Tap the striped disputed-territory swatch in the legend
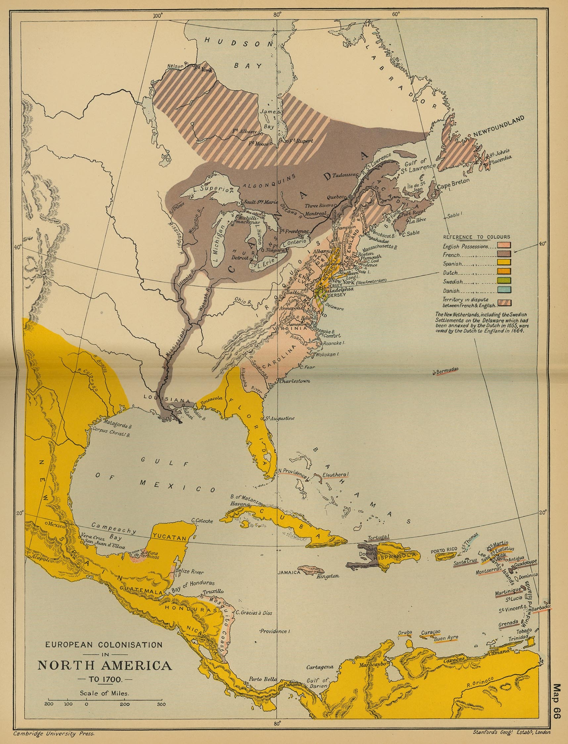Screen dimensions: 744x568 pos(504,303)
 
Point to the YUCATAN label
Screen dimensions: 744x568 pos(169,537)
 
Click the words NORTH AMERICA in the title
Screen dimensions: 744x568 pos(105,665)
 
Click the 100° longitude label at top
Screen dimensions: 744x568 pos(158,15)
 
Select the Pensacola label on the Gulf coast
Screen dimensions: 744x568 pos(212,399)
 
